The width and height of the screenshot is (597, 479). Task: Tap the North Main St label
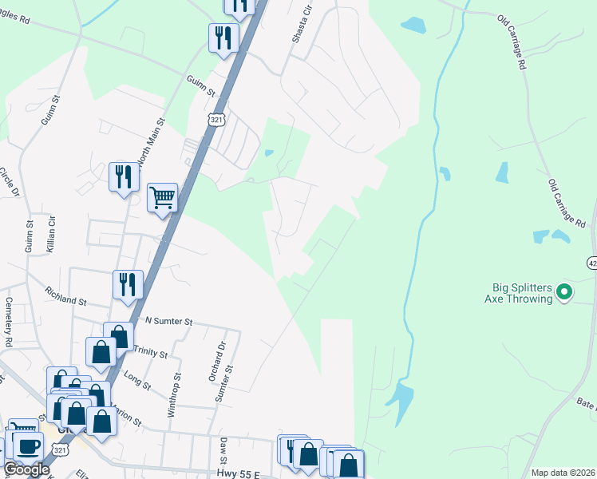point(152,142)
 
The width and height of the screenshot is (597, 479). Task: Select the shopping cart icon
point(162,197)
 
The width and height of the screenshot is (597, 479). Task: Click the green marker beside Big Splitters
point(564,293)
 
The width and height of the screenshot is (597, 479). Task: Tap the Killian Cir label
point(52,234)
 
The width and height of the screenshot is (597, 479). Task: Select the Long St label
point(138,379)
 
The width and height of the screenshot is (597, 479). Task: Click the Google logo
point(26,469)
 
